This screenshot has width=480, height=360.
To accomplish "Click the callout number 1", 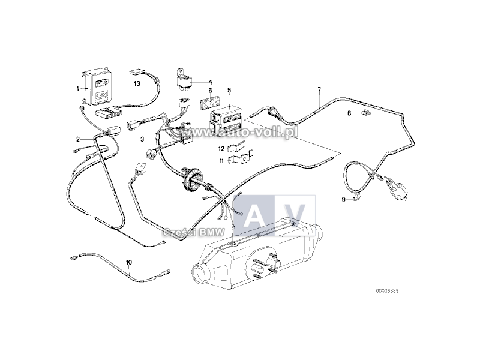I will (77, 89).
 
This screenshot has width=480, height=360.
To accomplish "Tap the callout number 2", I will (77, 139).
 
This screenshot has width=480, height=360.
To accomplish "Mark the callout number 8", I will (348, 113).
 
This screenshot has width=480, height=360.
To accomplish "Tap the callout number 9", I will (344, 199).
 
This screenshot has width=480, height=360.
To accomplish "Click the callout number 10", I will (128, 262).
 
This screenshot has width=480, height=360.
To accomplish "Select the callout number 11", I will (221, 161).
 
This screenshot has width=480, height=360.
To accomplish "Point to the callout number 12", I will (221, 148).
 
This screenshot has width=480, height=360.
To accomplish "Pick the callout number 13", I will (137, 84).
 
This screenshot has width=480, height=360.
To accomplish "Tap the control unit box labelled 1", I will (97, 88).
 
